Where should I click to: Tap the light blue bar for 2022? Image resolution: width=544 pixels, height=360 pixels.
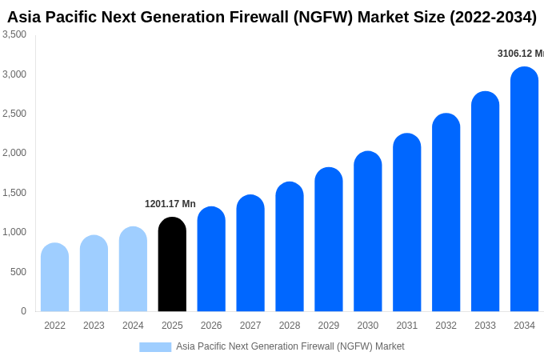pyautogui.click(x=54, y=278)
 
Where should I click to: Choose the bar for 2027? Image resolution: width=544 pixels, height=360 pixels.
pyautogui.click(x=250, y=254)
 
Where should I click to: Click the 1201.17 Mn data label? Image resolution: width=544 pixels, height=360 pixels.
pyautogui.click(x=170, y=204)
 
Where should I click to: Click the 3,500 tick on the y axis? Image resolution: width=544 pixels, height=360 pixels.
pyautogui.click(x=14, y=34)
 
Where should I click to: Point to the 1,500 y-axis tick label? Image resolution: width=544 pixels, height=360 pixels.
pyautogui.click(x=14, y=193)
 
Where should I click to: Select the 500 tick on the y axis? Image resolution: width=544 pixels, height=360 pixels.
pyautogui.click(x=18, y=272)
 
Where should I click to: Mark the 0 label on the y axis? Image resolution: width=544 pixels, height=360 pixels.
pyautogui.click(x=23, y=311)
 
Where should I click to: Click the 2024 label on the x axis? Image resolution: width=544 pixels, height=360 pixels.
pyautogui.click(x=133, y=326)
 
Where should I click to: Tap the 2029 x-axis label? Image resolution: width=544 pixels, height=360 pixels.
pyautogui.click(x=329, y=326)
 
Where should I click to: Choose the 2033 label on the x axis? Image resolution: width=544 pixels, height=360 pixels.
pyautogui.click(x=485, y=326)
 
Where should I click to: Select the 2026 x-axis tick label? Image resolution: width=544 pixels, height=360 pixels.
pyautogui.click(x=211, y=326)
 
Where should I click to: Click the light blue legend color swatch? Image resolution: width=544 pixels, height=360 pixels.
pyautogui.click(x=155, y=347)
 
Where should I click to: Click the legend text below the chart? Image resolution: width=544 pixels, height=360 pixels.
pyautogui.click(x=290, y=346)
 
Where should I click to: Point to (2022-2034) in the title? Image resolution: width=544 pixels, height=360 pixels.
pyautogui.click(x=487, y=17)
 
